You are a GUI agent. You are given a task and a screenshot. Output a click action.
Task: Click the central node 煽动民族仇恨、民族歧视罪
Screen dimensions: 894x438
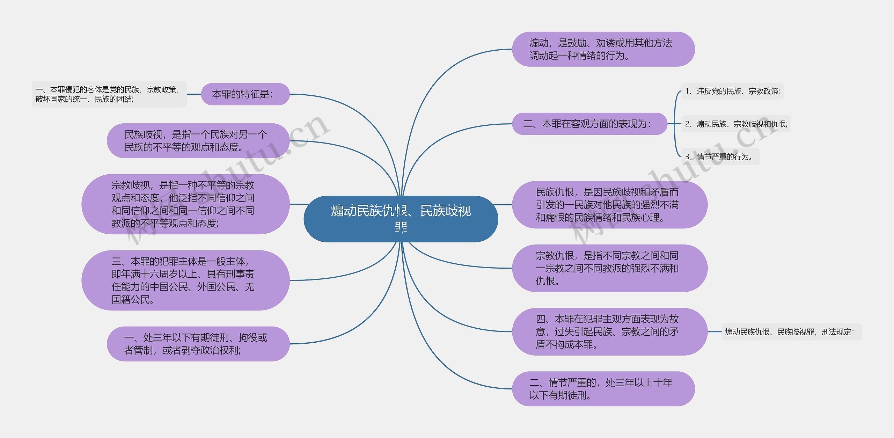(x=401, y=219)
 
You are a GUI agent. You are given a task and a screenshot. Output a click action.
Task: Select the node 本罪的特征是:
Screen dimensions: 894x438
(x=245, y=94)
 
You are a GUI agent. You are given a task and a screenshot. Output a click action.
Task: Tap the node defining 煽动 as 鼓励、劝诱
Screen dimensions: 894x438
(x=603, y=49)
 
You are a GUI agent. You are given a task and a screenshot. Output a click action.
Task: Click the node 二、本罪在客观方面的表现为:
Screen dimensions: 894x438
(x=589, y=124)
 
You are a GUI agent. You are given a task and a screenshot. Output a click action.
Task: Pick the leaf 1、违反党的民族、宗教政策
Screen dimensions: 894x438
(x=732, y=91)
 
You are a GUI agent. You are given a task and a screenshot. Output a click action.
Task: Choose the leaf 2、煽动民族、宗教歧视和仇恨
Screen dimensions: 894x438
(x=736, y=124)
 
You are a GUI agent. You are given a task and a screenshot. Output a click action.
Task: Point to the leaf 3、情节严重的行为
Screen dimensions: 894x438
(x=720, y=157)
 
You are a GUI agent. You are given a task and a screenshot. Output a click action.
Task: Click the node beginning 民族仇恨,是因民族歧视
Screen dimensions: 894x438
(x=609, y=205)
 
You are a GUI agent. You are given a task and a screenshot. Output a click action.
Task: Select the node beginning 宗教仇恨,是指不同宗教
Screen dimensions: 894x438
(x=609, y=268)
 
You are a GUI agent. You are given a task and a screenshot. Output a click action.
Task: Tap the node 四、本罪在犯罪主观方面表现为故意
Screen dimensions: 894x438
(x=609, y=332)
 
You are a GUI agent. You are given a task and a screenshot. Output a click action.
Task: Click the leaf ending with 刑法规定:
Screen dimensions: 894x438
(x=791, y=332)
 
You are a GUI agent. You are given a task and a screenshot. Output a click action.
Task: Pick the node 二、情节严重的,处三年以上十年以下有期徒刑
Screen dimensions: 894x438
(x=603, y=389)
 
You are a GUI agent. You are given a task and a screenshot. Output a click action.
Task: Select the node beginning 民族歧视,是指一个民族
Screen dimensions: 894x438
(x=198, y=141)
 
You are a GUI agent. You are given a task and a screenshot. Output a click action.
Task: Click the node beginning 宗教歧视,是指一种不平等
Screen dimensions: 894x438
(x=185, y=204)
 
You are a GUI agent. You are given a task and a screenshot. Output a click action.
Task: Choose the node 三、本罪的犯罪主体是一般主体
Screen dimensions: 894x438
(x=185, y=280)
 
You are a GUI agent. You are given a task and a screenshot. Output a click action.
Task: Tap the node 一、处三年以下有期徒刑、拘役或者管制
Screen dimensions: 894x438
(x=198, y=344)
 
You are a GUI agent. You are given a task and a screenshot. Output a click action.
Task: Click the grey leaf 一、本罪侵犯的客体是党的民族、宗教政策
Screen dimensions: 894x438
(x=109, y=94)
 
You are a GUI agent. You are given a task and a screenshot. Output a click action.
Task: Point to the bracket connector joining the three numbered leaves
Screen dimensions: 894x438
(x=675, y=124)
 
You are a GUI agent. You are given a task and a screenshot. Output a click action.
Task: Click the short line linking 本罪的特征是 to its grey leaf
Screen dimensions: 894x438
(x=194, y=94)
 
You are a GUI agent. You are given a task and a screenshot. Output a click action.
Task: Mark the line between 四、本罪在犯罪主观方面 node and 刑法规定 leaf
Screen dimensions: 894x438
(x=715, y=332)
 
